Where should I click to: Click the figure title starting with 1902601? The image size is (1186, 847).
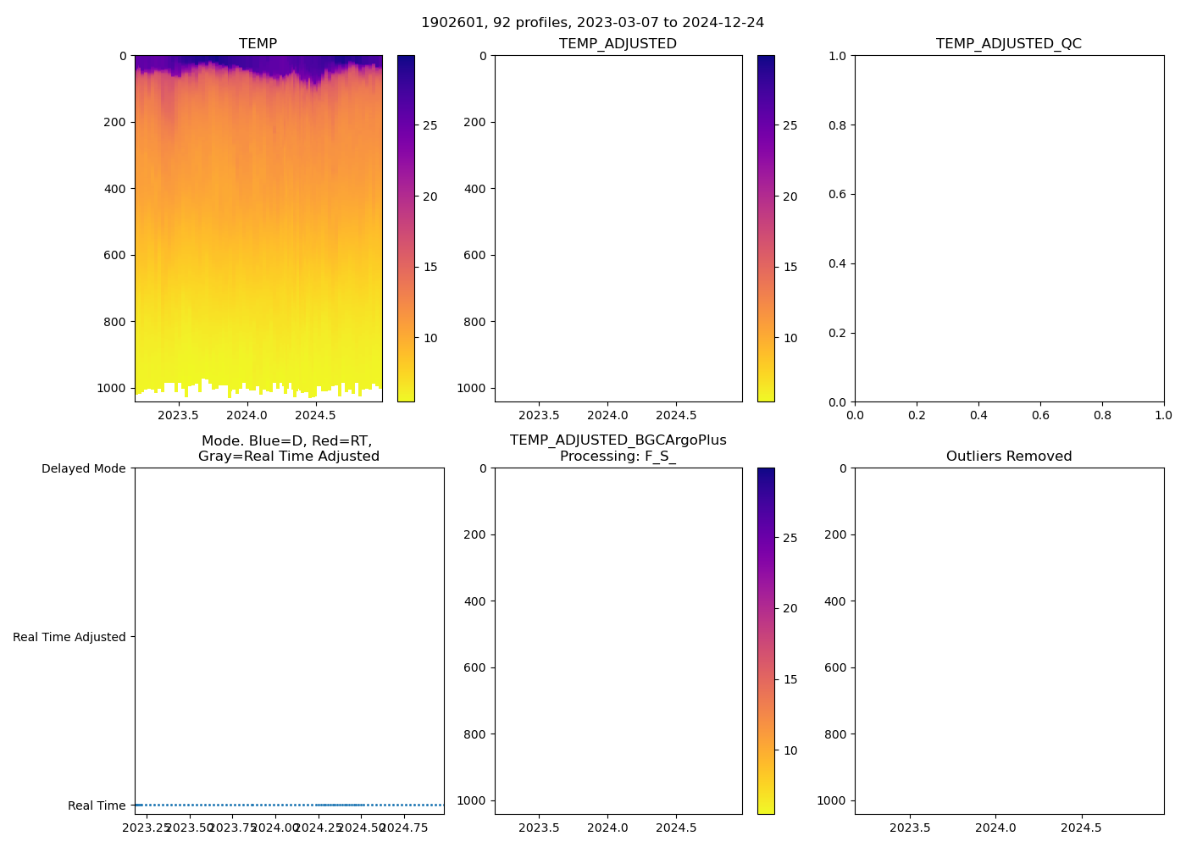(x=593, y=22)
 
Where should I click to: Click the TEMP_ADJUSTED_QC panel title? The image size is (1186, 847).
(x=1008, y=44)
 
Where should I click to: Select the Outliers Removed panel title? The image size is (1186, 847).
(x=1008, y=457)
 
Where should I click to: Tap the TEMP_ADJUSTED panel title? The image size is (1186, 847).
(x=618, y=44)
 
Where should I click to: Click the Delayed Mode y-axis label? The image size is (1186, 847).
(x=83, y=468)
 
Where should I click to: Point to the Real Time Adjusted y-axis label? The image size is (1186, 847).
(x=69, y=637)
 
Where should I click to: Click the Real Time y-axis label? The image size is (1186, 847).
(x=97, y=805)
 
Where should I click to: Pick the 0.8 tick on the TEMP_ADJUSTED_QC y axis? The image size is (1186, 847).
(x=837, y=125)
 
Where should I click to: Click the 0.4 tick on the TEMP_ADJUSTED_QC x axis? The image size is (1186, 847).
(x=978, y=415)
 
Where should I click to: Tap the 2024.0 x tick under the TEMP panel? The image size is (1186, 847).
(x=247, y=415)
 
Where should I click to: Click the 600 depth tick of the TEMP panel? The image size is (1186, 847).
(x=114, y=255)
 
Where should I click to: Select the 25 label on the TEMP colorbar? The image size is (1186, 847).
(x=430, y=125)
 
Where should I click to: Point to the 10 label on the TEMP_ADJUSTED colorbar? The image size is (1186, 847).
(x=790, y=338)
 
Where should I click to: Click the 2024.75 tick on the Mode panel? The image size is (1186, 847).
(x=404, y=828)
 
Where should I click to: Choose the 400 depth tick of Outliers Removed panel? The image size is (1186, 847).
(x=835, y=601)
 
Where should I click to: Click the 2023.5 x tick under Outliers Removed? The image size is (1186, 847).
(x=911, y=828)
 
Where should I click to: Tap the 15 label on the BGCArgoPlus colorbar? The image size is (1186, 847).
(x=790, y=679)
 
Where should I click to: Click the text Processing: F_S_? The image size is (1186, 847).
(x=618, y=457)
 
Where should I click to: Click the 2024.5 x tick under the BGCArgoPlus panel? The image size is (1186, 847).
(x=676, y=828)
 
